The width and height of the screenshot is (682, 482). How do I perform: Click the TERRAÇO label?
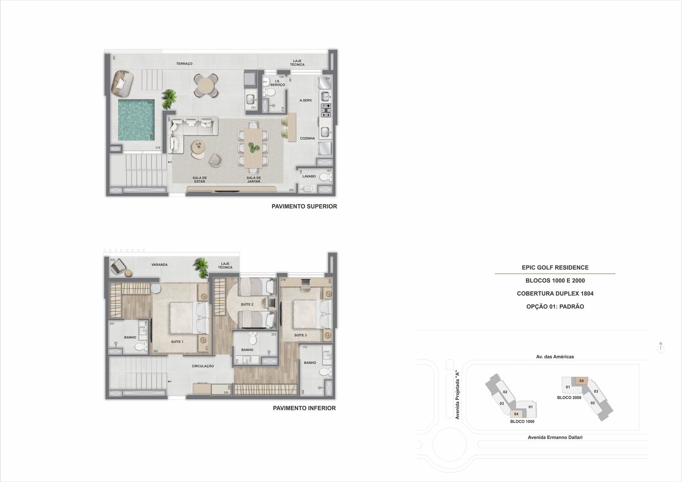[184, 64]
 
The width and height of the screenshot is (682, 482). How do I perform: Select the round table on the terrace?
[206, 86]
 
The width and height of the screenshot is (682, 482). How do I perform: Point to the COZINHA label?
[307, 139]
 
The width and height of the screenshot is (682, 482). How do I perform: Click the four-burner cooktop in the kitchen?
[326, 110]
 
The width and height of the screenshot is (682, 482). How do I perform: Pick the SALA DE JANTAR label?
[254, 180]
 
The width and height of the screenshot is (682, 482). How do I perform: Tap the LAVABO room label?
[309, 176]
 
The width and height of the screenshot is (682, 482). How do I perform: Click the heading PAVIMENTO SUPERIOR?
[304, 207]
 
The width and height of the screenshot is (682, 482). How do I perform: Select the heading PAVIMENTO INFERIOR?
[304, 408]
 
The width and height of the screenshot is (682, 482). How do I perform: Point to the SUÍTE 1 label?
[177, 342]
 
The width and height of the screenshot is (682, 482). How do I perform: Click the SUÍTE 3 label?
[300, 335]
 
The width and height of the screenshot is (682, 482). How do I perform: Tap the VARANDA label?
[159, 265]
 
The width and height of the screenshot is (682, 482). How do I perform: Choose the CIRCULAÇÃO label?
[203, 366]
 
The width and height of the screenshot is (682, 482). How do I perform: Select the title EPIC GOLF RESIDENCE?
[555, 268]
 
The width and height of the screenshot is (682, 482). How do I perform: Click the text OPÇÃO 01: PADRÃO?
[555, 307]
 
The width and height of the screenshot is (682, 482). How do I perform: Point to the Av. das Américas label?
[555, 357]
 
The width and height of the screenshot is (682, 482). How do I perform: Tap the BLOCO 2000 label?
[569, 398]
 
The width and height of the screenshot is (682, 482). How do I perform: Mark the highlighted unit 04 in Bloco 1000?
[516, 414]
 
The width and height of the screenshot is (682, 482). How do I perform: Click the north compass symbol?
[661, 348]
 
